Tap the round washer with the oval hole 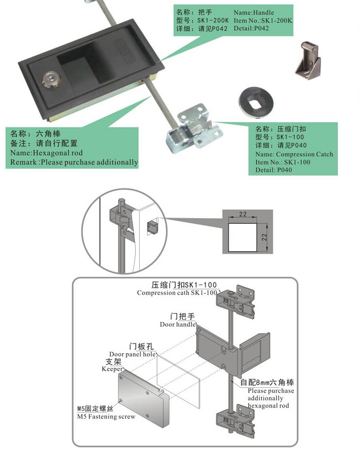[x=256, y=102]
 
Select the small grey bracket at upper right [x=308, y=60]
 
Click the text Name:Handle [x=254, y=12]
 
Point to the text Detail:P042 [x=251, y=28]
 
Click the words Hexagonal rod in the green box [x=58, y=153]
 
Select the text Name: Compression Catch [x=294, y=154]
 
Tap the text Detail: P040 [x=274, y=170]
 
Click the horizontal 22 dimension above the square [x=243, y=214]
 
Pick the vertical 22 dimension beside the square [x=264, y=237]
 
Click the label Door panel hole [x=132, y=354]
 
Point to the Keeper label [x=112, y=369]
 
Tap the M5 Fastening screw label [x=106, y=417]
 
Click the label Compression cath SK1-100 [x=177, y=293]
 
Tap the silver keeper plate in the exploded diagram [x=142, y=398]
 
